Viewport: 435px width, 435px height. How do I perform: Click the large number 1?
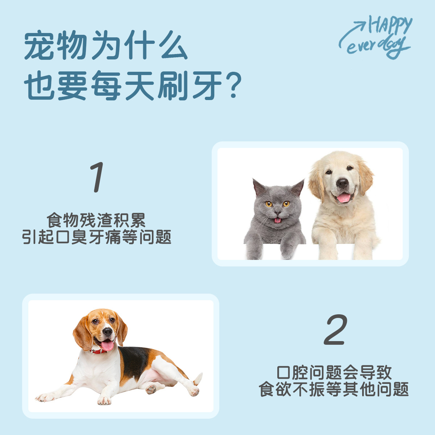(97, 177)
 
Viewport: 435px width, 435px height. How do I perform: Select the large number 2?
(335, 330)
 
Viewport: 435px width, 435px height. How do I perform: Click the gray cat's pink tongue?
(277, 220)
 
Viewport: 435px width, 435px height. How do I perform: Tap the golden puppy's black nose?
(342, 183)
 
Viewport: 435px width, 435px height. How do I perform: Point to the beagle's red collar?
(99, 351)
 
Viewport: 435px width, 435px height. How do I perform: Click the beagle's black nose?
(107, 332)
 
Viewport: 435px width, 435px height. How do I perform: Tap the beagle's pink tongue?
(107, 345)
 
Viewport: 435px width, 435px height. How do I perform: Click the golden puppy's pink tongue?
(344, 198)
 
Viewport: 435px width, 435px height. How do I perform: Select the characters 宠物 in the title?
(56, 45)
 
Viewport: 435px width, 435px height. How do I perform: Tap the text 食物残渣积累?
(96, 220)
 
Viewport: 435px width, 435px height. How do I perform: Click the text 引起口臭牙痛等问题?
(97, 237)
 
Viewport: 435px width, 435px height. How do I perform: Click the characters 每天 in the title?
(123, 86)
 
